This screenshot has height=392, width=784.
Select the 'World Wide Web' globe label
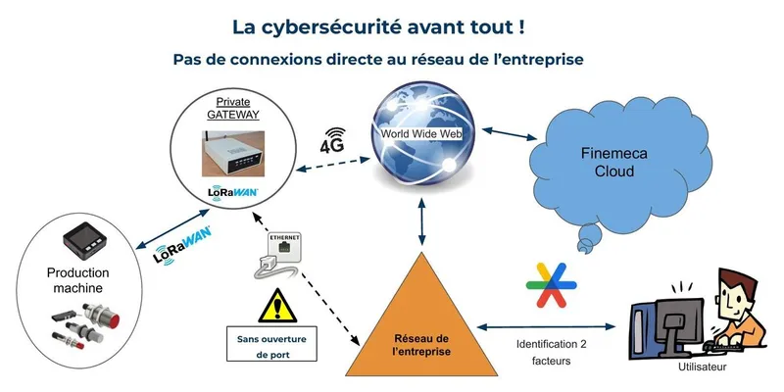pyautogui.click(x=420, y=132)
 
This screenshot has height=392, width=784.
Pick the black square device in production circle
pyautogui.click(x=82, y=238)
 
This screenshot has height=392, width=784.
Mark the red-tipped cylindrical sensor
pyautogui.click(x=103, y=320)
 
